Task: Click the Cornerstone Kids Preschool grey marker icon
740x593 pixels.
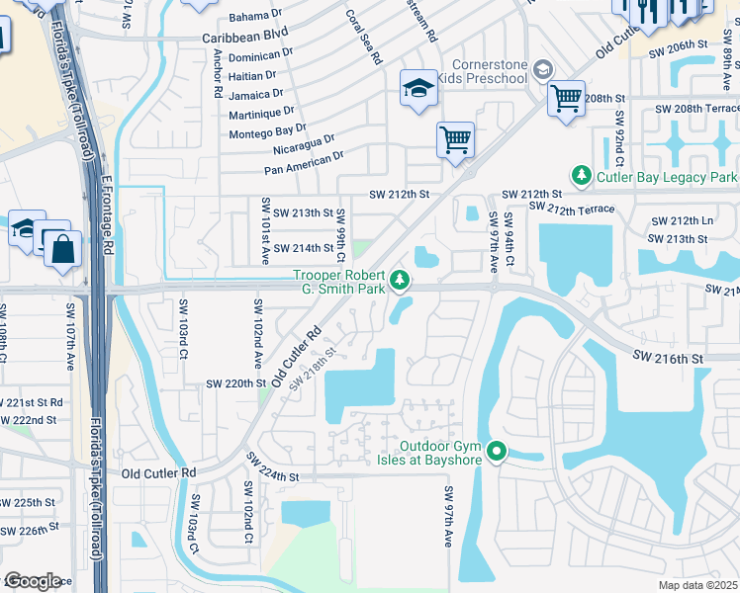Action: pyautogui.click(x=541, y=70)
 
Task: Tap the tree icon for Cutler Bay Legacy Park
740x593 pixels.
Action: pyautogui.click(x=583, y=176)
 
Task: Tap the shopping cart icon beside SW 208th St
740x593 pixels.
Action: pyautogui.click(x=566, y=99)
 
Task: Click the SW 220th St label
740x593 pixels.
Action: pyautogui.click(x=236, y=382)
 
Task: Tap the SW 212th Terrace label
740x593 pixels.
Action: pyautogui.click(x=572, y=208)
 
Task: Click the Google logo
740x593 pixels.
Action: pyautogui.click(x=33, y=580)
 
